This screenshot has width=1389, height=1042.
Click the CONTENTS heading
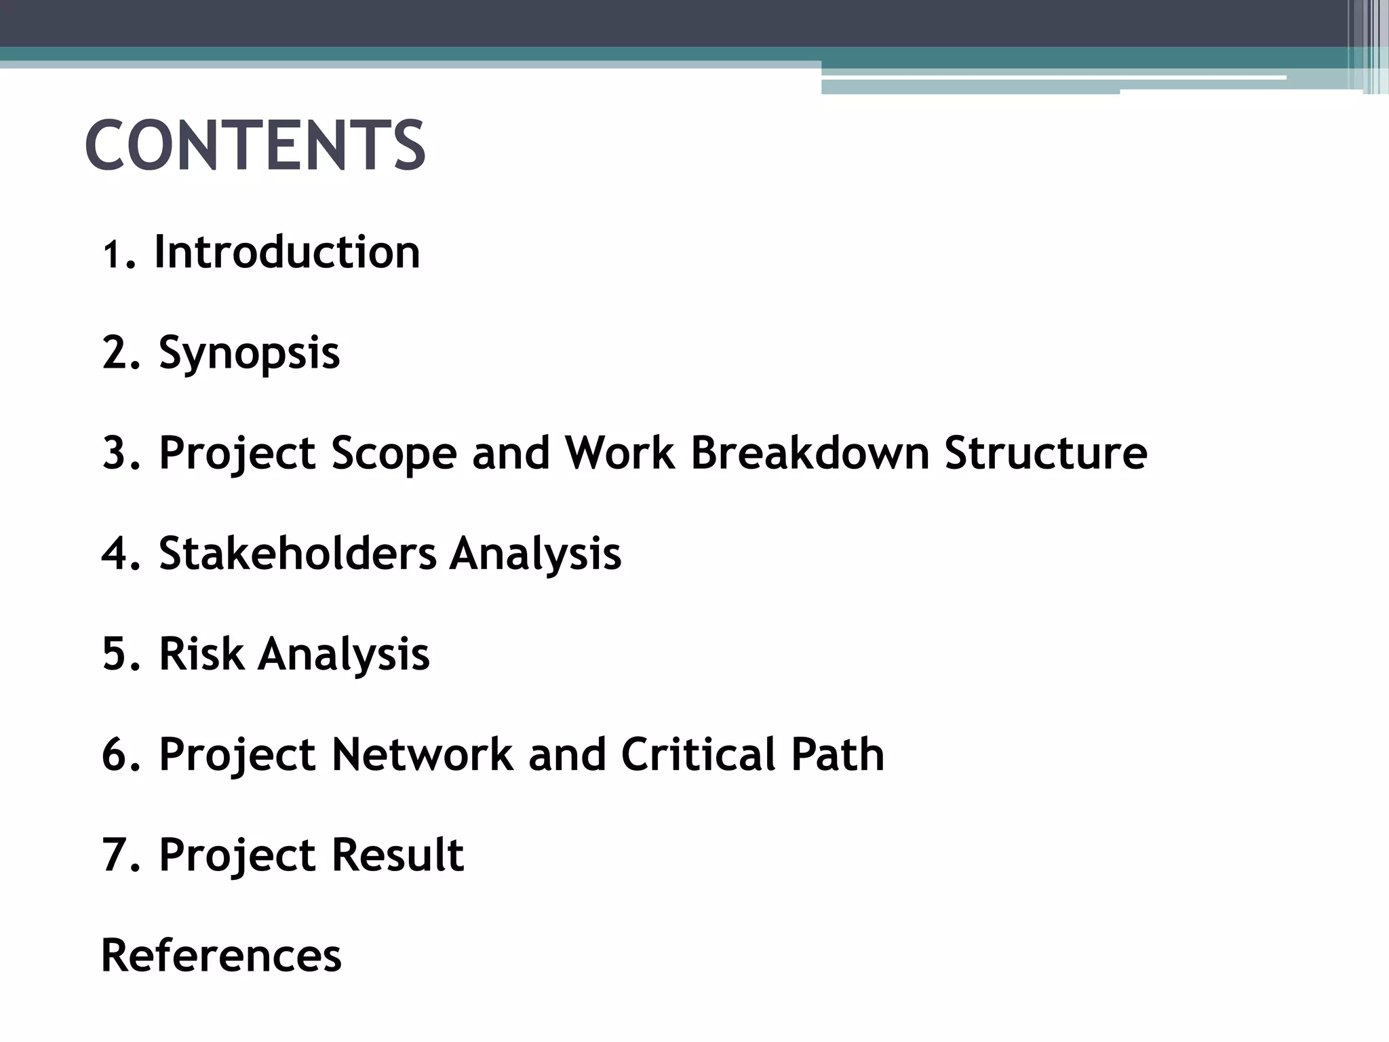[255, 145]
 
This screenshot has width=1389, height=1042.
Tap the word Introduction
[288, 252]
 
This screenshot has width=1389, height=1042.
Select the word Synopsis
[249, 353]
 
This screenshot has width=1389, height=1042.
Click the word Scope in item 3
[394, 452]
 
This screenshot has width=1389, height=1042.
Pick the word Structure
[1045, 452]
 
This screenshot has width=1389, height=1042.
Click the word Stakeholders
[298, 553]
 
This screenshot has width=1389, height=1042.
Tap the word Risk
[201, 654]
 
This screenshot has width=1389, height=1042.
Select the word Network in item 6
[422, 754]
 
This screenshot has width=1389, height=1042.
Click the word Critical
[698, 754]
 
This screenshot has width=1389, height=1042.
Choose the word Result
[397, 854]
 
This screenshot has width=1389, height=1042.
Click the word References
[221, 955]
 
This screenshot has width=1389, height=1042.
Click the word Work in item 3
[620, 452]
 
